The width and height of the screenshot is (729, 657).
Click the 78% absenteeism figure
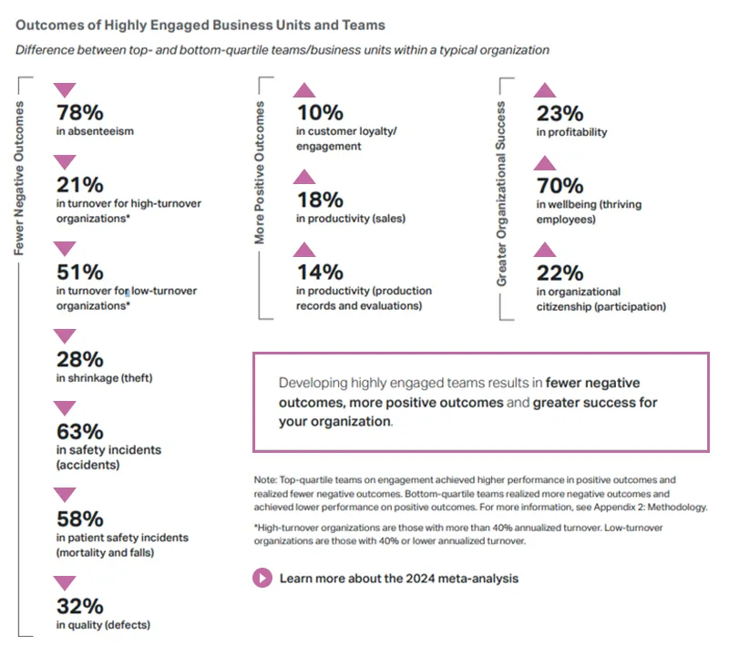pos(79,113)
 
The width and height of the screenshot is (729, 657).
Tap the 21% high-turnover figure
pos(79,185)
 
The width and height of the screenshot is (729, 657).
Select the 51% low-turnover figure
pos(79,272)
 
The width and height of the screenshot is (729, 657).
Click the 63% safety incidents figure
pos(79,431)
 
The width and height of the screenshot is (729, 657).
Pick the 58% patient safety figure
pos(79,518)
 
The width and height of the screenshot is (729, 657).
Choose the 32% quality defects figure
pos(79,606)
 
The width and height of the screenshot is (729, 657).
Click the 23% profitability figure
pos(560,113)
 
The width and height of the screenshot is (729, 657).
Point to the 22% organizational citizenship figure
pos(560,272)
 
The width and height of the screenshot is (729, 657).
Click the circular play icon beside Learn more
pos(262,578)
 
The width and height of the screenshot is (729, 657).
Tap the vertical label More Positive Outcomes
pos(261,173)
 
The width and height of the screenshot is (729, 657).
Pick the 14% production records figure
pos(319,272)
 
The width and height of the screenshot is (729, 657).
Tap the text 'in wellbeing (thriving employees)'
pos(589,212)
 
